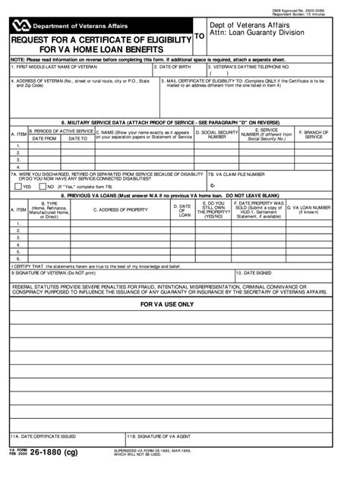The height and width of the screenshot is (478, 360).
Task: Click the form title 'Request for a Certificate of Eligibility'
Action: pyautogui.click(x=99, y=39)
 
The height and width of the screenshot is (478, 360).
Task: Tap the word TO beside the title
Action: pyautogui.click(x=200, y=36)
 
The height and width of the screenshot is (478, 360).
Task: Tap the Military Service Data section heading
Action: pyautogui.click(x=179, y=121)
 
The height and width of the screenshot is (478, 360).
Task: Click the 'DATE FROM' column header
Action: pyautogui.click(x=44, y=139)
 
